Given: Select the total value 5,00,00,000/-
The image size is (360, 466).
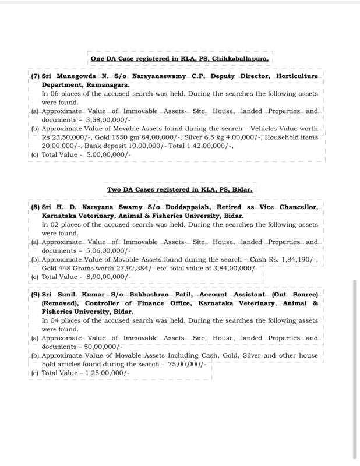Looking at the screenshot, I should [108, 155].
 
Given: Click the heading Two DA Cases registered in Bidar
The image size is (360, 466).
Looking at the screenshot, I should [182, 189].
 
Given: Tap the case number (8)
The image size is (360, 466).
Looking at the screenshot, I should [35, 207].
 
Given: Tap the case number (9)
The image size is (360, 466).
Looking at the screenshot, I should [35, 295].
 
